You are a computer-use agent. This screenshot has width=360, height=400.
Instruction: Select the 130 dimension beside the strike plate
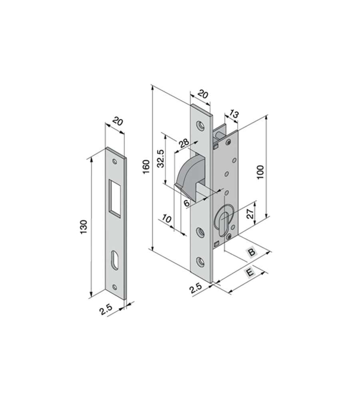point(84,227)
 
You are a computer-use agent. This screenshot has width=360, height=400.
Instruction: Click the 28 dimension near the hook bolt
point(184,143)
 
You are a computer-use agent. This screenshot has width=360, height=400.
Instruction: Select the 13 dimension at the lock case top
point(234,115)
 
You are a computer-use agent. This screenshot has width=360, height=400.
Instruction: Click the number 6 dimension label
point(186,203)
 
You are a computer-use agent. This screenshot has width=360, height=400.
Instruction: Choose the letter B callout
point(251,252)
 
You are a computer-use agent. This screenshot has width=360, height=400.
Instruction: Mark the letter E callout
point(250,273)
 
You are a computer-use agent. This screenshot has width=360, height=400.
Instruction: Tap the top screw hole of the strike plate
point(114,162)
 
